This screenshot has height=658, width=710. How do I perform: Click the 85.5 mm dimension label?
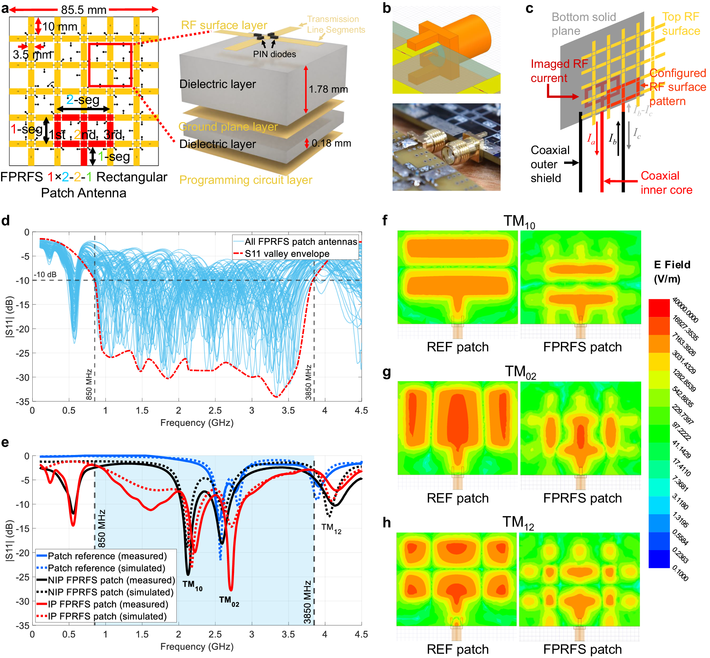coord(84,10)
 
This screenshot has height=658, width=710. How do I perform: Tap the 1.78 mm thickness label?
coord(328,89)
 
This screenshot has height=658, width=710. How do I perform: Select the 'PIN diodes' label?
coord(274,54)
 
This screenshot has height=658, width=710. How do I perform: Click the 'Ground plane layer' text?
coord(228,127)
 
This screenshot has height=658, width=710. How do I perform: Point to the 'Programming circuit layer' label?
coord(246,180)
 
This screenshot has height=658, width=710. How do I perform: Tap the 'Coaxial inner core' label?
coord(666,183)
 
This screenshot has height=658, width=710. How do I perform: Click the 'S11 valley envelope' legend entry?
coord(286,253)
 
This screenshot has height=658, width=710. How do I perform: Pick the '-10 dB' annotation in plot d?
coord(45,275)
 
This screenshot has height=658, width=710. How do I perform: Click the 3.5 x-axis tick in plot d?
coord(288,411)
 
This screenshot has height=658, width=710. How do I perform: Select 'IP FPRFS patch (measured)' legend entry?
coord(108,604)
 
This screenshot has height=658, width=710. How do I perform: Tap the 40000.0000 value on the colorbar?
coord(685,310)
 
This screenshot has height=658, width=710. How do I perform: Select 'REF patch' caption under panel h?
coord(458,649)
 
